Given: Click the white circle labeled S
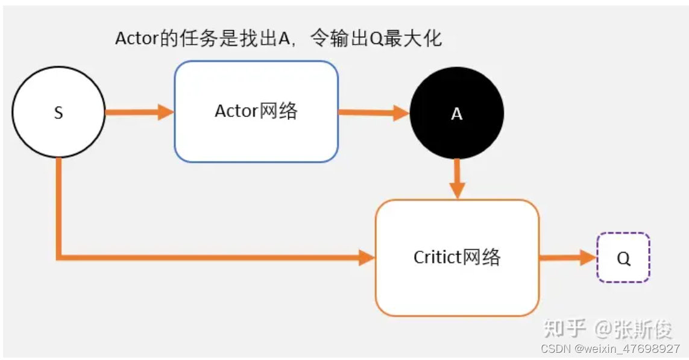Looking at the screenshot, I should (x=58, y=113).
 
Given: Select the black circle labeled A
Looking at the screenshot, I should (x=456, y=113).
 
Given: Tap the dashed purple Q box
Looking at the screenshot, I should (x=623, y=258).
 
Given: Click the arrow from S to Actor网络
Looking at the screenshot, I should (x=139, y=112).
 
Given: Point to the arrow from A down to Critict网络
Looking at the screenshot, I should (x=458, y=177).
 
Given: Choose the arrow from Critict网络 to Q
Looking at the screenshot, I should (x=567, y=258).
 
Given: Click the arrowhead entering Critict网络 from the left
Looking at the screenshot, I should (x=367, y=258).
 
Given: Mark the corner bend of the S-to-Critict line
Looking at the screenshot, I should (x=59, y=257).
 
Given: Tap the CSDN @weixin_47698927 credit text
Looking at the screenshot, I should (x=610, y=349).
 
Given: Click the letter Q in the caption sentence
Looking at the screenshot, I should (x=377, y=39).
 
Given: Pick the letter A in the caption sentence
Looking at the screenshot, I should (x=285, y=39).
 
